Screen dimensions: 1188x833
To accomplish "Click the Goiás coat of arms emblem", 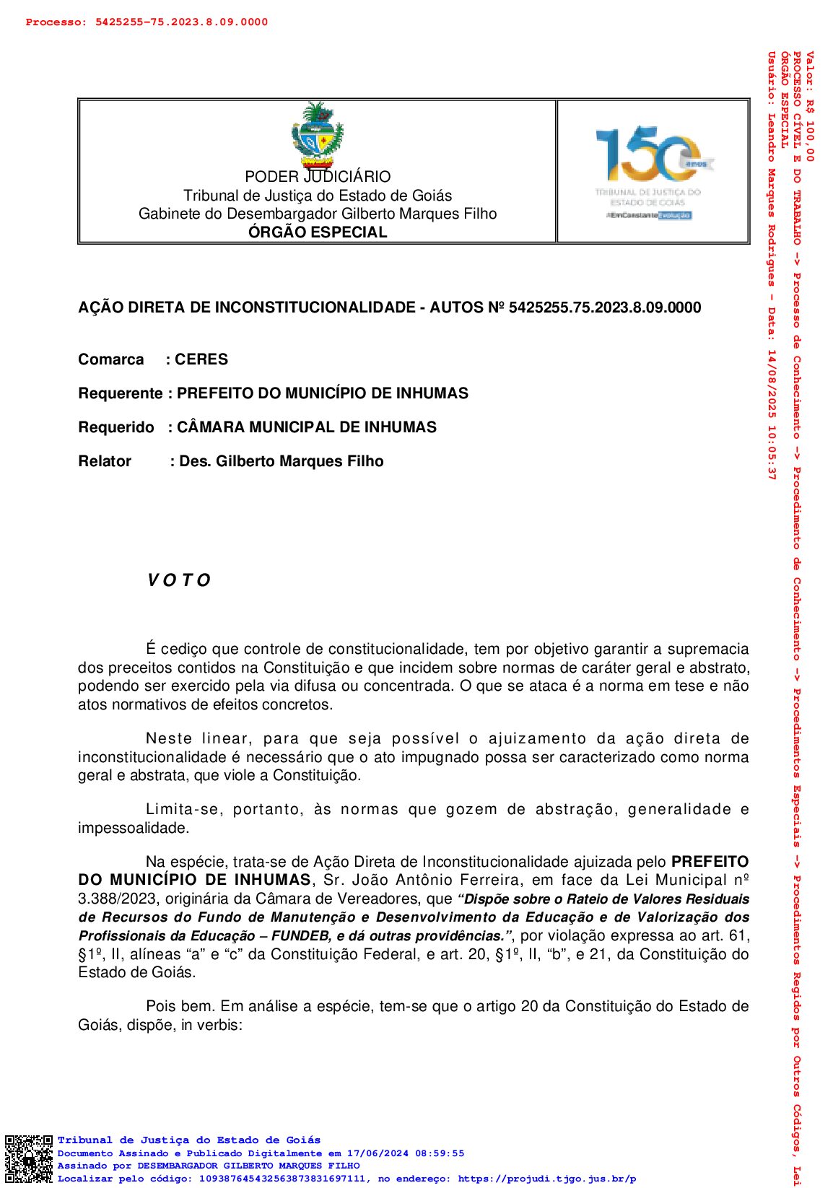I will [317, 134].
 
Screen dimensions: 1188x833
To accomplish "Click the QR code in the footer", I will [29, 1159].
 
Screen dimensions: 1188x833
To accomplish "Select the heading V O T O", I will [179, 581].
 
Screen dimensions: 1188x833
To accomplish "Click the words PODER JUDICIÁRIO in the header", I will [318, 177].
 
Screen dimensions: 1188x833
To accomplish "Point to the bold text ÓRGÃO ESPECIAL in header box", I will [318, 232].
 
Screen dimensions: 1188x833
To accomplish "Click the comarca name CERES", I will [201, 359].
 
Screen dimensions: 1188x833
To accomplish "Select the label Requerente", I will [121, 393].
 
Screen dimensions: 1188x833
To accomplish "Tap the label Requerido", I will [116, 427].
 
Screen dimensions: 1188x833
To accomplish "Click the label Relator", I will [105, 461].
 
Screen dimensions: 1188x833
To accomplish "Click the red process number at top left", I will [147, 22].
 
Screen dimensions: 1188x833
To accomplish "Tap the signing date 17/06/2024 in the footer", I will [375, 1153].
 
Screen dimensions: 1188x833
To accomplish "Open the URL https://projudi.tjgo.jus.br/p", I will [546, 1179].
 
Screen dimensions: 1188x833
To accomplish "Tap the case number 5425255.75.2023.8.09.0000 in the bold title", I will [604, 307].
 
